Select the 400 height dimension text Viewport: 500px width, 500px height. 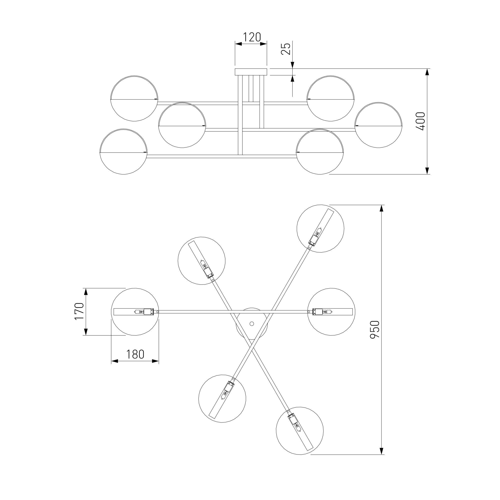420,121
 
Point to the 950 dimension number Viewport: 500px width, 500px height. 374,329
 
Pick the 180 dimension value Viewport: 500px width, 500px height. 135,354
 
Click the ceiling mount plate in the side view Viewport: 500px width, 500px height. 251,72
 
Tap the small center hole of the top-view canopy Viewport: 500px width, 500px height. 251,323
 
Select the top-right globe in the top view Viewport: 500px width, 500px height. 320,228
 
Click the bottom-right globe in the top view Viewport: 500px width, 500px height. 300,431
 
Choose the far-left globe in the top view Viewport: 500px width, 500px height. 134,311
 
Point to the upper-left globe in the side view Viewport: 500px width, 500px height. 134,98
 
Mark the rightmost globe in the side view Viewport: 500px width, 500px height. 378,125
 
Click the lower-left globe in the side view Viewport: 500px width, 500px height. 124,152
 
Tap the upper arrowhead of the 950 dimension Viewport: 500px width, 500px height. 381,208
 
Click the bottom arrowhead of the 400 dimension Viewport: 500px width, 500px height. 427,170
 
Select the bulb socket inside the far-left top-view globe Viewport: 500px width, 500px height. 148,311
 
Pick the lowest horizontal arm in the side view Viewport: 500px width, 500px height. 221,156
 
